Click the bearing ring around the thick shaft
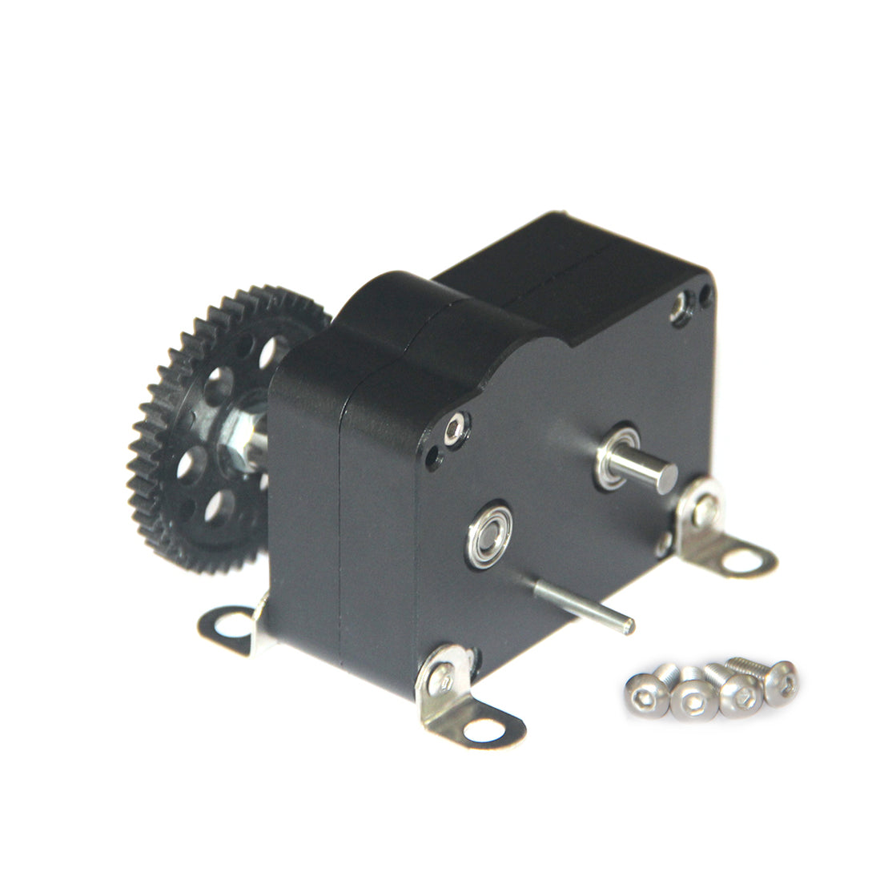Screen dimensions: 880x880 (618, 457)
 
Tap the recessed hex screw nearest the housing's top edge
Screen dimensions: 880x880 (682, 306)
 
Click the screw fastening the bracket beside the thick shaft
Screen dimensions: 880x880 (705, 511)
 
